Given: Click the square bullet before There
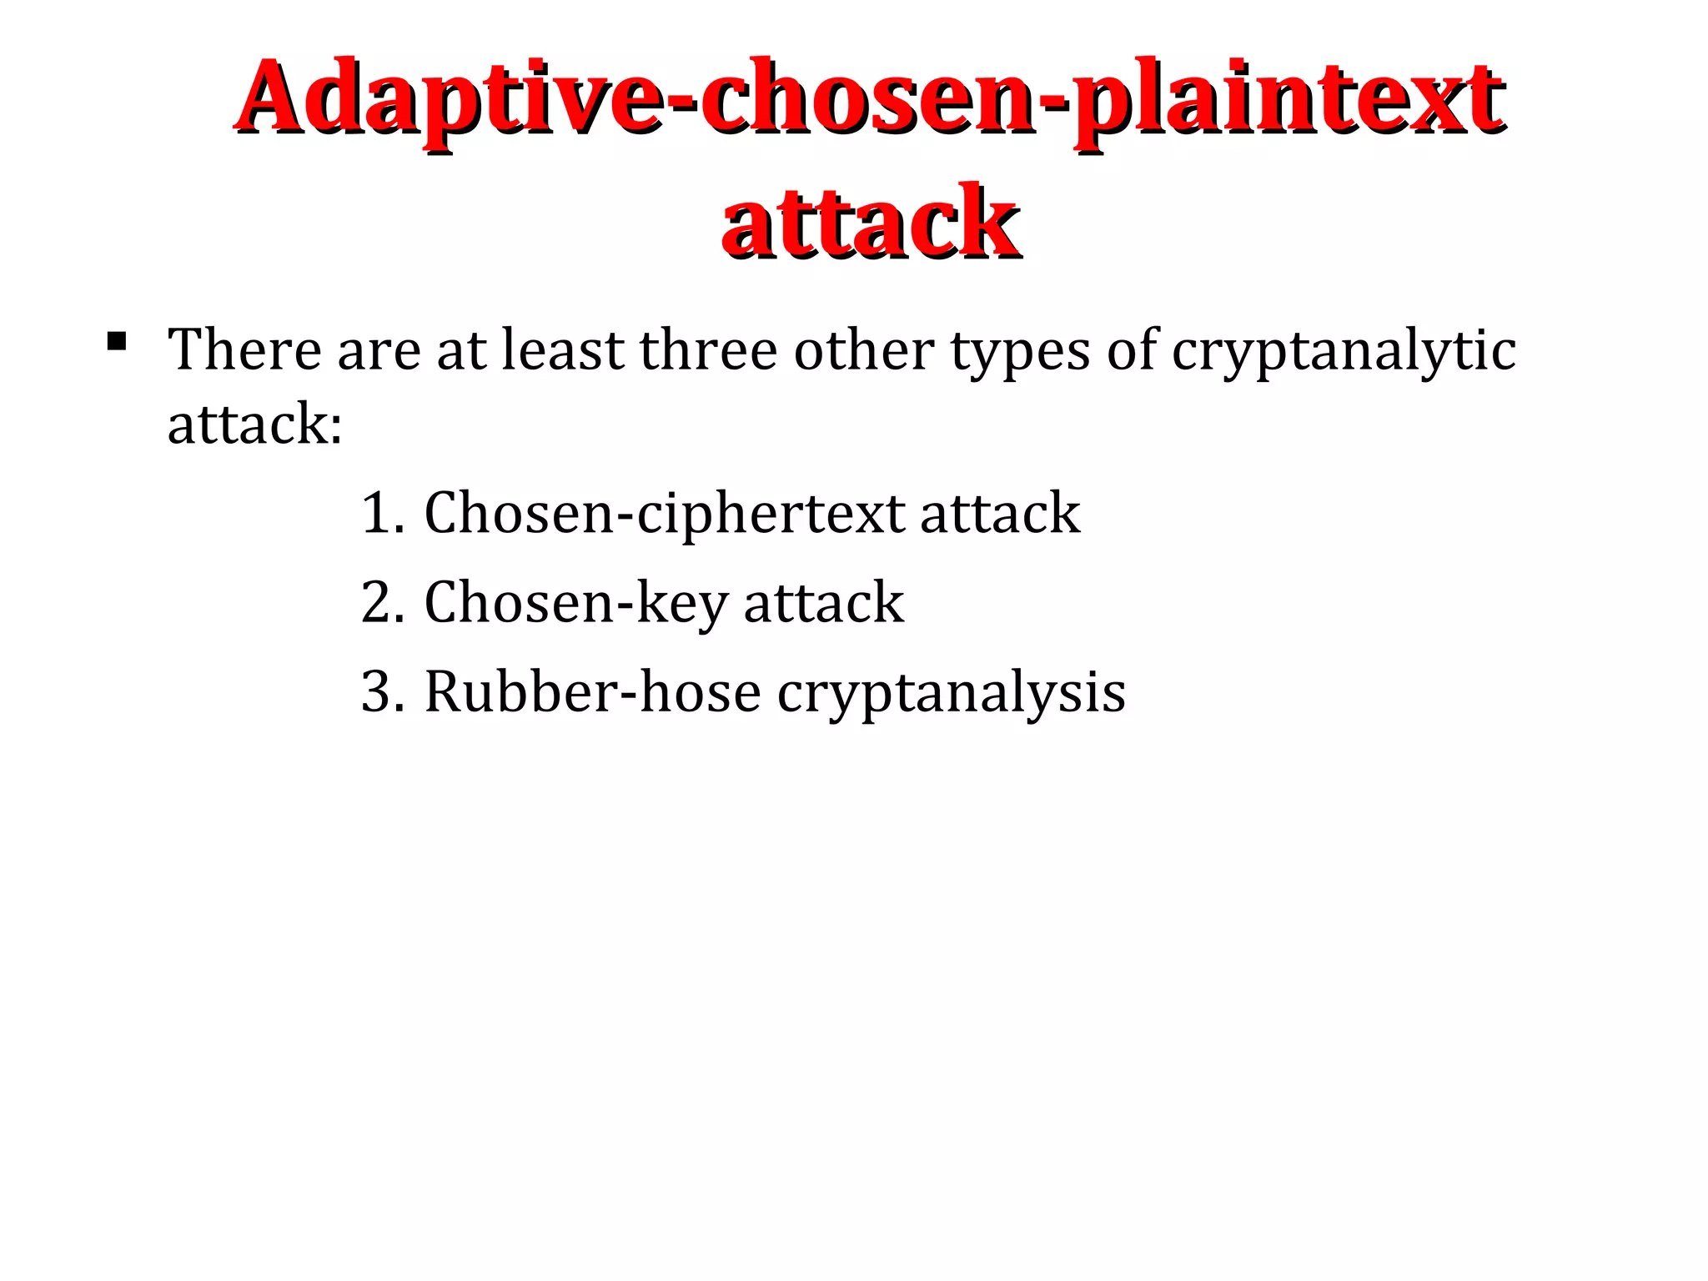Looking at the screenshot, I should [117, 340].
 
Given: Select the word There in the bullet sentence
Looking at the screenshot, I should [244, 349].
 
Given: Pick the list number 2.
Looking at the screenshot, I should [380, 602].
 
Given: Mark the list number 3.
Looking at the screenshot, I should [380, 691].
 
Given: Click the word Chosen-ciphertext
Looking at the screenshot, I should [664, 514].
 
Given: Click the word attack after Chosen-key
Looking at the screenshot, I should [823, 602].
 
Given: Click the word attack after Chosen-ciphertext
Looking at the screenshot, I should [999, 513].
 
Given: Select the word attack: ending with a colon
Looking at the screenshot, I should [254, 424].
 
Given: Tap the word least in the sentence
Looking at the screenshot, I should [562, 349].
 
